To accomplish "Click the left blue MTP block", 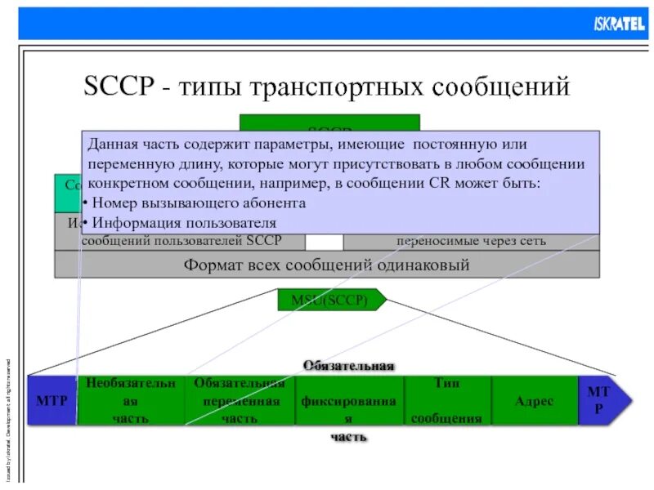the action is (x=52, y=401).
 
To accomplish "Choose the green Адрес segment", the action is (x=535, y=401).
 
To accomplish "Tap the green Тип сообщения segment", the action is (x=446, y=401).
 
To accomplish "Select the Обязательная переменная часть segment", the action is (x=240, y=401).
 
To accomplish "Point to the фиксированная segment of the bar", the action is (x=350, y=401).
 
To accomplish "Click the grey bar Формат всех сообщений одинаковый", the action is (x=326, y=265).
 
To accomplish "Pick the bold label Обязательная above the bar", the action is (x=349, y=365).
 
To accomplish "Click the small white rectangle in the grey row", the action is (x=325, y=241).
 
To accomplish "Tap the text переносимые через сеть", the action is (x=472, y=241).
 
